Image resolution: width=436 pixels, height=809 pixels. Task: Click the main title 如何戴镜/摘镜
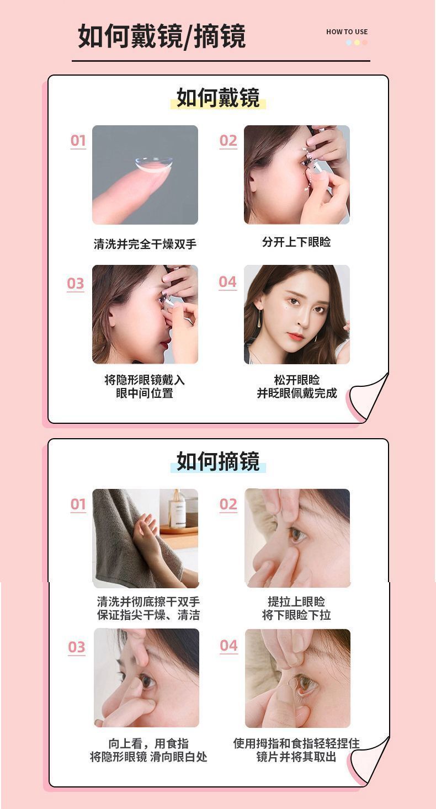(162, 36)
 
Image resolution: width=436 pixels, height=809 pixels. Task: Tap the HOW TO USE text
(347, 32)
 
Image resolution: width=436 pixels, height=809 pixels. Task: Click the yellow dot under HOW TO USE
(357, 42)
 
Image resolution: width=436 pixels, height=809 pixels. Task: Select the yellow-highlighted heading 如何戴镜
(218, 98)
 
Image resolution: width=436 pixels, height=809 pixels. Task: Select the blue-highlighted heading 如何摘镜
(218, 461)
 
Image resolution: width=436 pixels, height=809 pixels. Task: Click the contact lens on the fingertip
(153, 164)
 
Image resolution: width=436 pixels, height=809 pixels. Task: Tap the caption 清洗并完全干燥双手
(145, 244)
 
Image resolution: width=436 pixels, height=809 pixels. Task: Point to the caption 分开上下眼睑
(296, 242)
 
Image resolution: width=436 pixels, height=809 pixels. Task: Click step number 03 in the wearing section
(76, 284)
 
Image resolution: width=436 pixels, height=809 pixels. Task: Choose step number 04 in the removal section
(228, 646)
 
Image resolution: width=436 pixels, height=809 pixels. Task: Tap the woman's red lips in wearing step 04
(295, 337)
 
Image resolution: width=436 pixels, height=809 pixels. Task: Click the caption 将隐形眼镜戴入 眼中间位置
(145, 386)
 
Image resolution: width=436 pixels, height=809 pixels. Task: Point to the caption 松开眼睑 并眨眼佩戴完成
(296, 386)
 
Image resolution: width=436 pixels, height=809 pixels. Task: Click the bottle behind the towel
(178, 509)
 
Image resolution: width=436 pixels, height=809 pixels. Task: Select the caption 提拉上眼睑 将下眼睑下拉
(296, 608)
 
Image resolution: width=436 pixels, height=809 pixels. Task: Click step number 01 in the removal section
(78, 504)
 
